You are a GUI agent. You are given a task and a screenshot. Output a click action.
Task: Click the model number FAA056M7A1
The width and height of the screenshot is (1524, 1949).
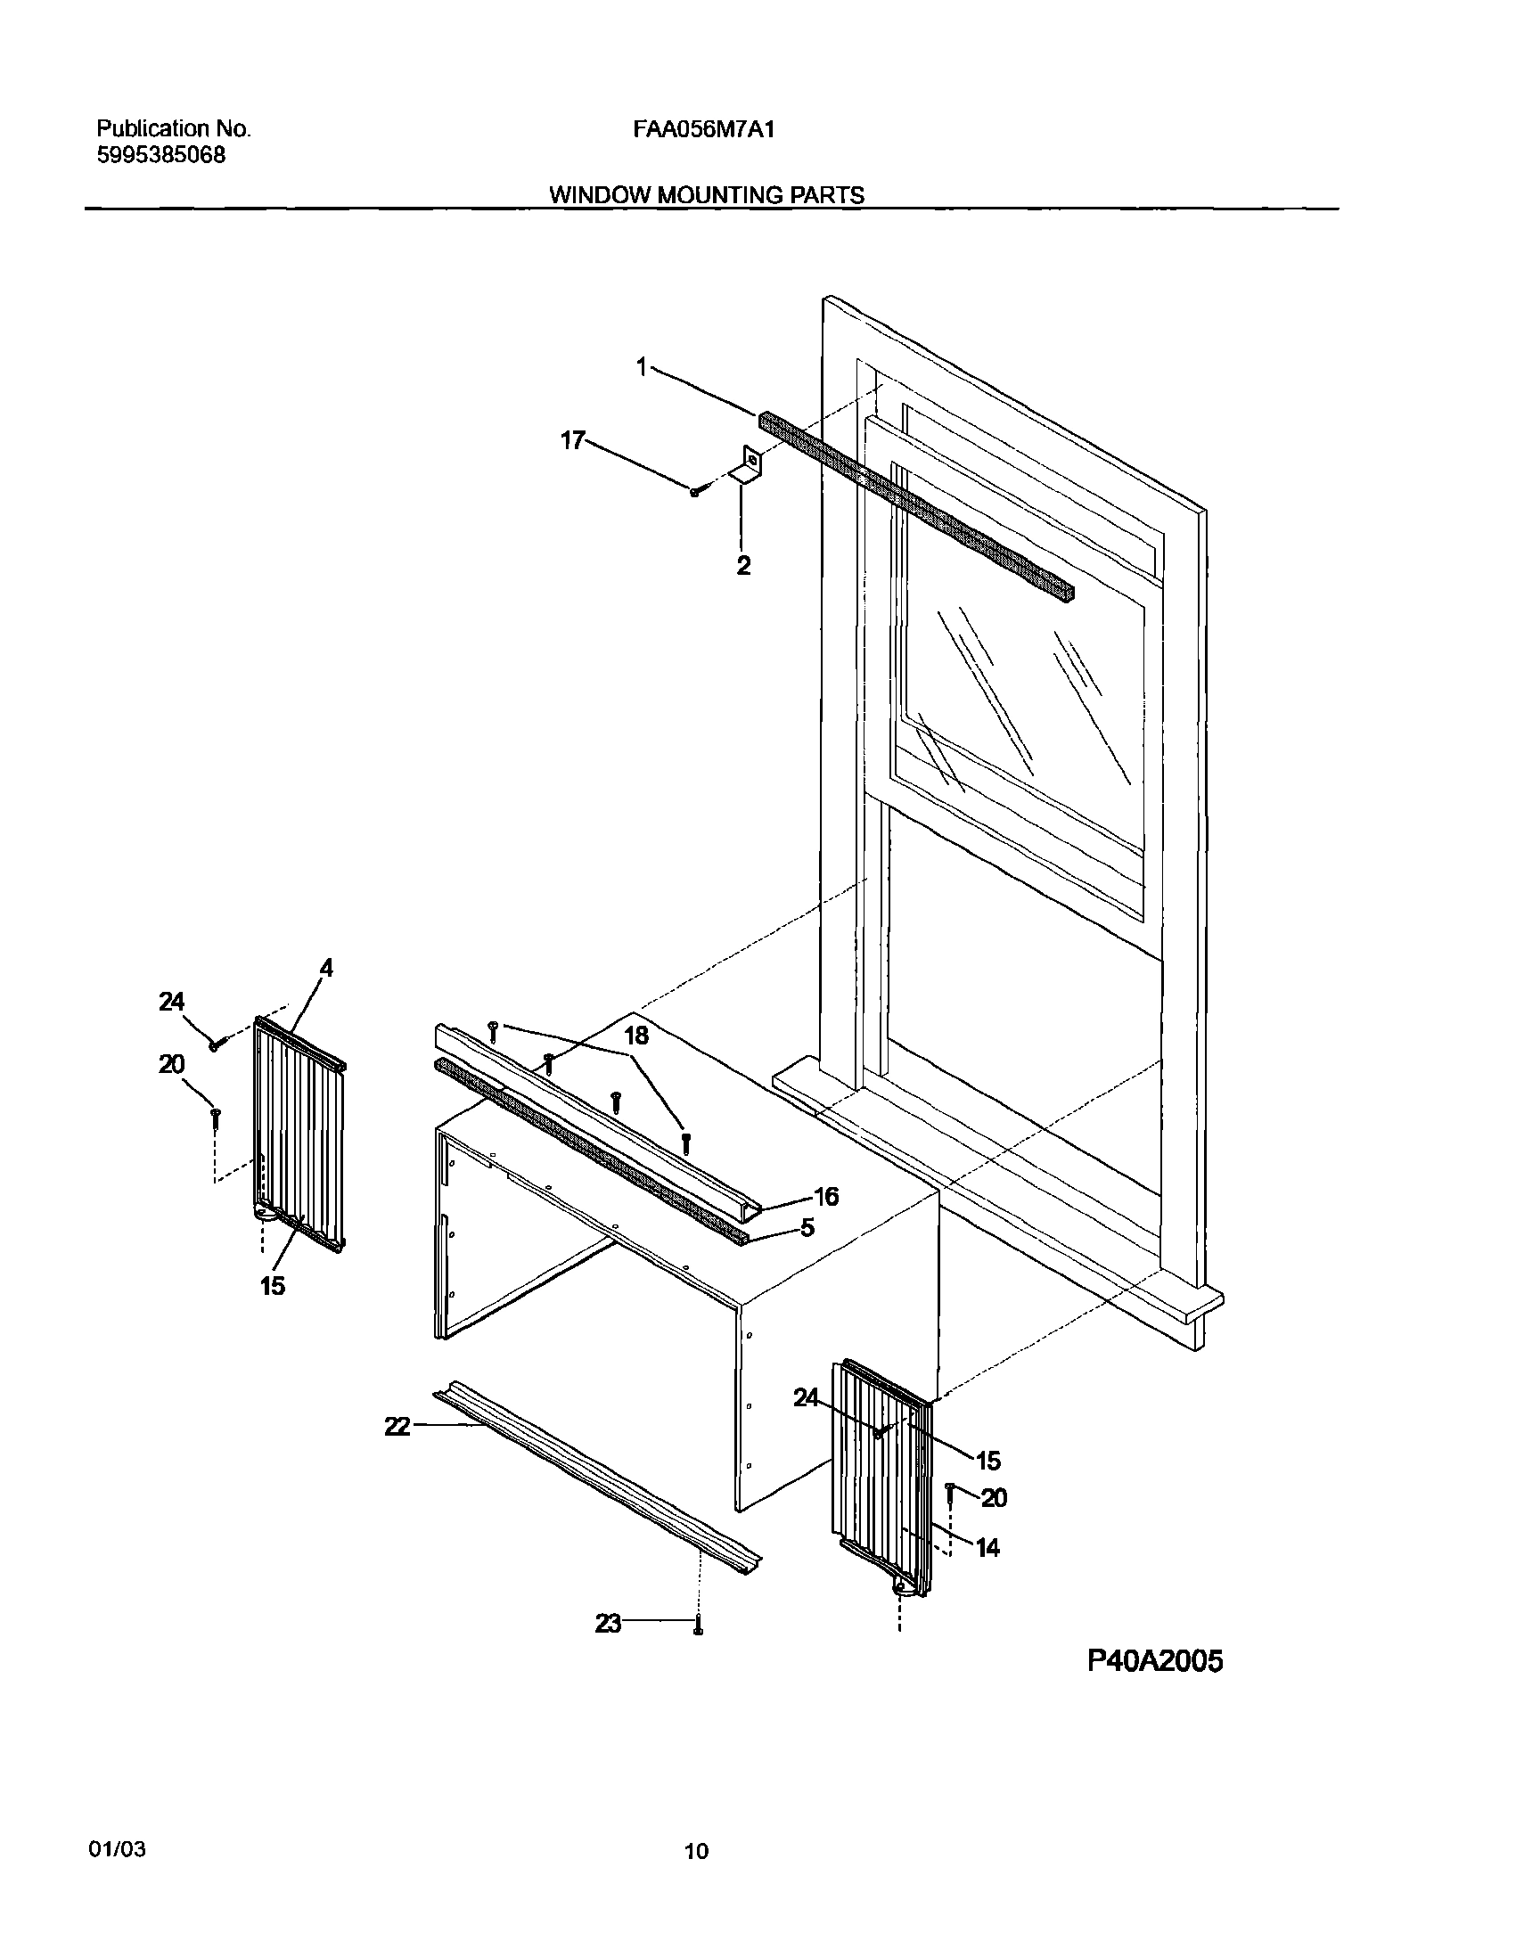point(703,129)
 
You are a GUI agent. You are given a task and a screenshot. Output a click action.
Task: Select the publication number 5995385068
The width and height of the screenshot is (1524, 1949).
point(160,155)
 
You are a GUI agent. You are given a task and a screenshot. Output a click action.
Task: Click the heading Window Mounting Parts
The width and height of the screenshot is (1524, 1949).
point(706,195)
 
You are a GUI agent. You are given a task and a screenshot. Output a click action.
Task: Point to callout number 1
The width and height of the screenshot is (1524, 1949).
point(641,366)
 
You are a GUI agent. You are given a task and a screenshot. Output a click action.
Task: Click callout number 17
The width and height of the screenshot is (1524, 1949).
point(572,440)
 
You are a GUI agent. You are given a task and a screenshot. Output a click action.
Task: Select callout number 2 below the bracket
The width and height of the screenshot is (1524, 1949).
point(743,565)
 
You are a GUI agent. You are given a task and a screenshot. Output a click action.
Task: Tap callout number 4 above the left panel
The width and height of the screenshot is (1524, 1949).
point(326,967)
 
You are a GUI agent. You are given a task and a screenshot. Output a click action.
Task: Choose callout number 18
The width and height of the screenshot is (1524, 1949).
point(635,1036)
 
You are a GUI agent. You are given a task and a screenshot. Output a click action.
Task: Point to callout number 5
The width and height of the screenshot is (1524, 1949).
point(807,1229)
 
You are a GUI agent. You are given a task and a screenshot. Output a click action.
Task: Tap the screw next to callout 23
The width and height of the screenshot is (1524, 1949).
point(699,1626)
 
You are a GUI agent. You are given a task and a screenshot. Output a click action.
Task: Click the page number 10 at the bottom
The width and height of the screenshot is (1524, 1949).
point(696,1852)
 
